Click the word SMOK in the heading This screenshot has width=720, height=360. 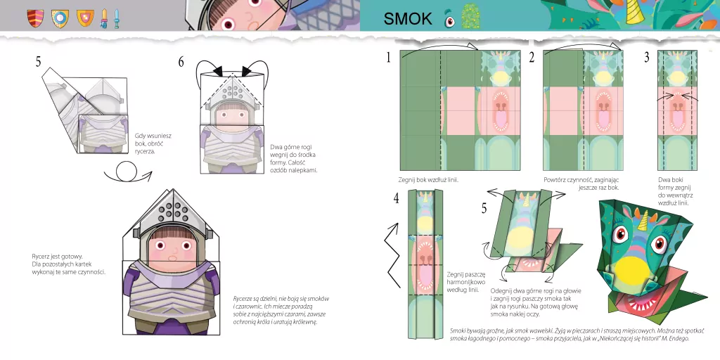pos(408,18)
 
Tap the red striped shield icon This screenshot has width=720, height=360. pos(35,18)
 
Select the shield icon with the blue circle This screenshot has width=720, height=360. pos(60,18)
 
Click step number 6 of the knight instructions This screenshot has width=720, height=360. pos(181,62)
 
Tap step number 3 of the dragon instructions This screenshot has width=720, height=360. pos(647,58)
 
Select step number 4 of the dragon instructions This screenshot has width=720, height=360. pos(396,198)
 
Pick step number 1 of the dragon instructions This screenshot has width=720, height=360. pos(388,58)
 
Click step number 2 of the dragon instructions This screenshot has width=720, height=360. pos(532,58)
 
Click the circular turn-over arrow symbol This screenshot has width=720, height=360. pos(127,173)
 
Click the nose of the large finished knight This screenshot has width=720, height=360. pos(172,253)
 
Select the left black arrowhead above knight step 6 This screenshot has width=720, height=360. pos(217,70)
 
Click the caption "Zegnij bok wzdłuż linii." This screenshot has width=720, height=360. pos(428,180)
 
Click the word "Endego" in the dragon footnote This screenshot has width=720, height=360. pos(679,339)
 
